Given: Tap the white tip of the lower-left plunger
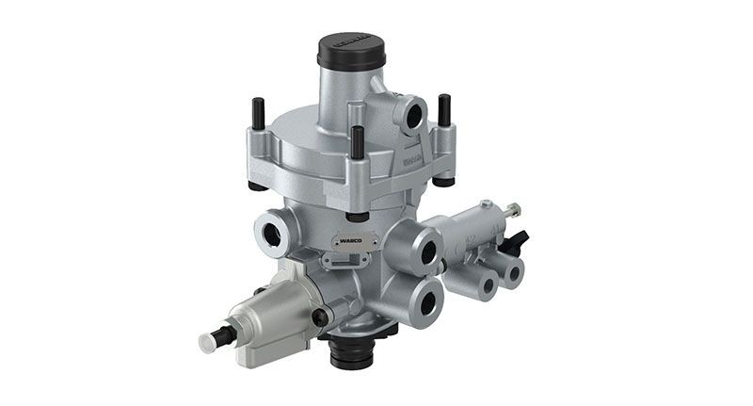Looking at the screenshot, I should coord(207,342).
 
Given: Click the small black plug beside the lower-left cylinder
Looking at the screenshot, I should coord(320,317).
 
